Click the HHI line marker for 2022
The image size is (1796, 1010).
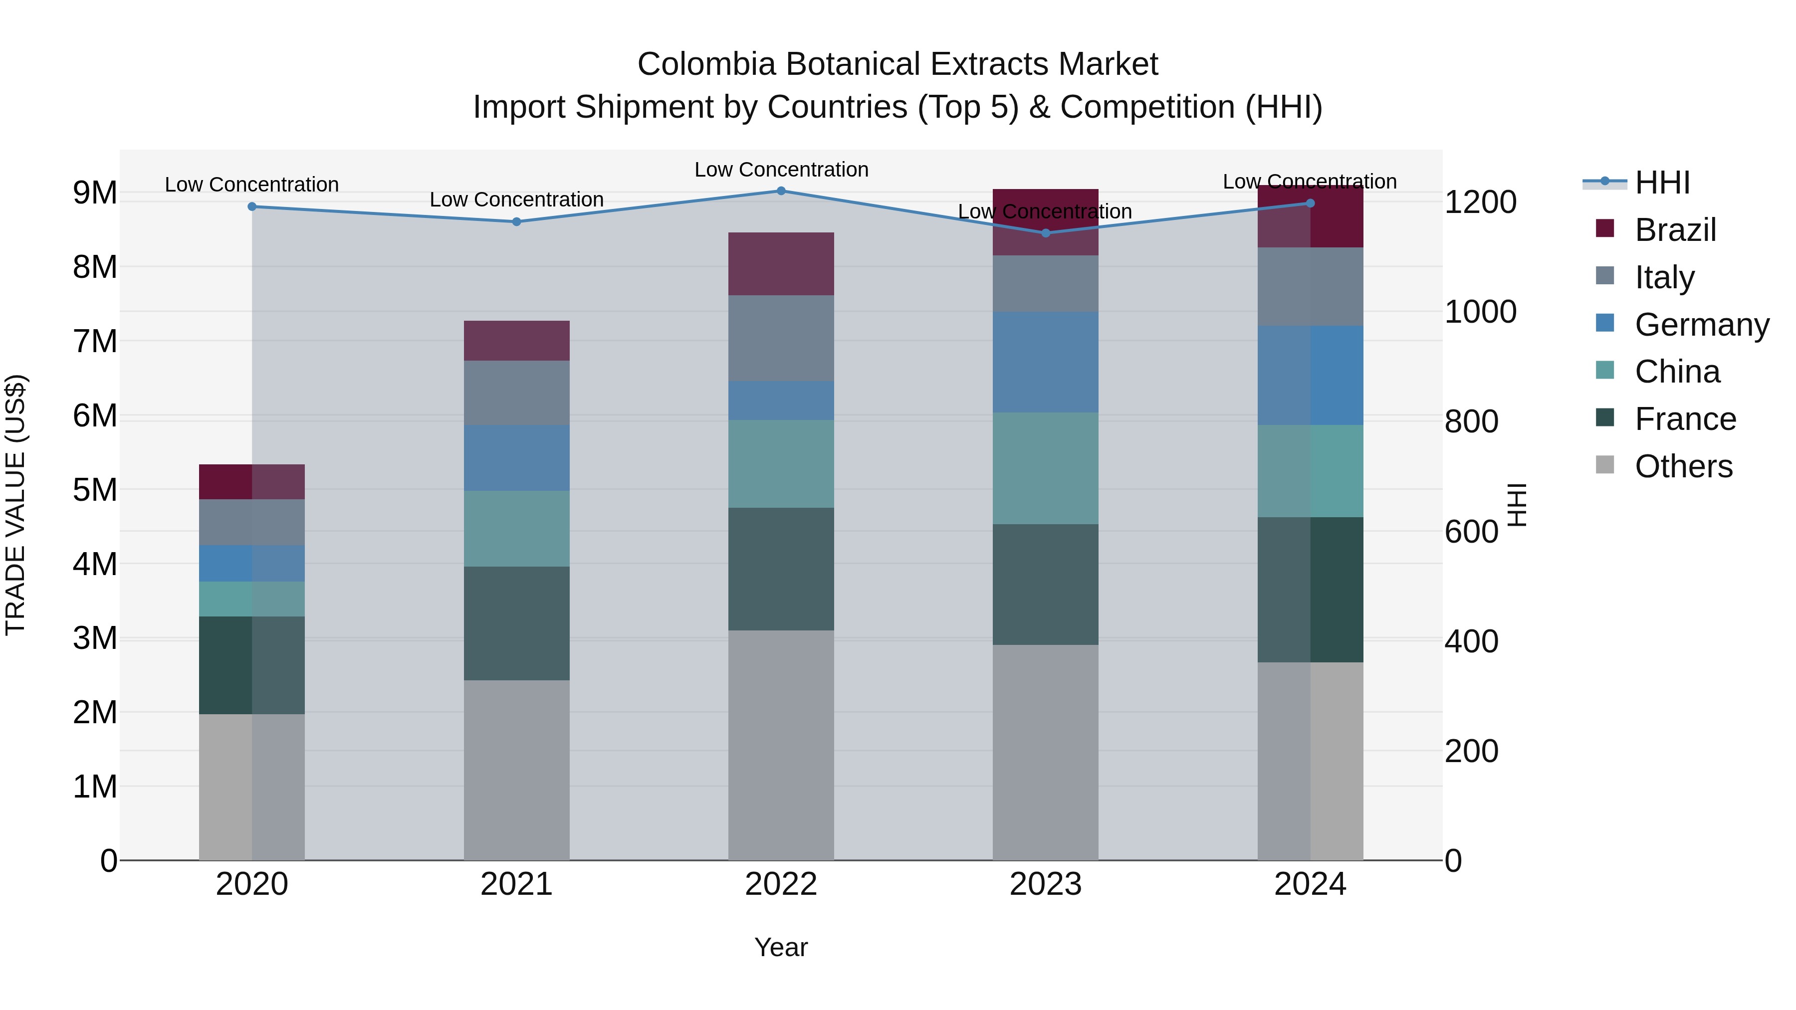point(781,191)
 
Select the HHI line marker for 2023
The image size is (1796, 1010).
point(1045,233)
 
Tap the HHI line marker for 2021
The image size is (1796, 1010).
point(517,221)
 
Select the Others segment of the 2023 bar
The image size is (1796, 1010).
point(1045,752)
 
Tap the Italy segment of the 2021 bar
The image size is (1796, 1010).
point(517,393)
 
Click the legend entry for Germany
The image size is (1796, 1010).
point(1701,325)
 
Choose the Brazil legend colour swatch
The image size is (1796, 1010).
point(1605,228)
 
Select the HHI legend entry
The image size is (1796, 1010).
point(1662,183)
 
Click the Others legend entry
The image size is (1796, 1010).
point(1683,466)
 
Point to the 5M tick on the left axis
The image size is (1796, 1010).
point(95,490)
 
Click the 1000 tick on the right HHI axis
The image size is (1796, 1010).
point(1480,312)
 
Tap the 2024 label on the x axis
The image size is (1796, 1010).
point(1310,884)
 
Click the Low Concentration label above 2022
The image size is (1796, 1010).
point(781,170)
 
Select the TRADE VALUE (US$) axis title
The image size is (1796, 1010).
point(15,505)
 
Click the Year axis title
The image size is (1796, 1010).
point(781,947)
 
